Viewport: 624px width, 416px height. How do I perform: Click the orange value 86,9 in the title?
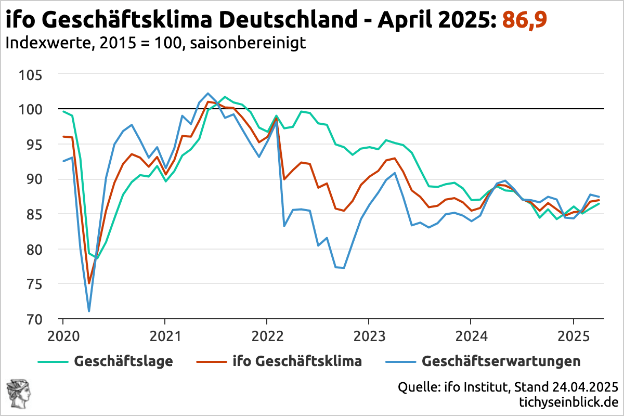click(524, 21)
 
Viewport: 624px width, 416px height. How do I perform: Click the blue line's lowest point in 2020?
click(89, 311)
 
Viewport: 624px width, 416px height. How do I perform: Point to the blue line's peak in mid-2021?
click(208, 94)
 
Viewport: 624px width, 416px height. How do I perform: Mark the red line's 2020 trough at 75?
click(89, 283)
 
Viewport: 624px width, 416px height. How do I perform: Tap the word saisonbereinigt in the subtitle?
click(248, 43)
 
